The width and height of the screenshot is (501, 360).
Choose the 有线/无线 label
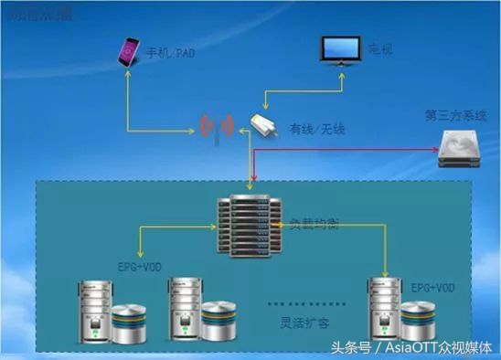tap(314, 130)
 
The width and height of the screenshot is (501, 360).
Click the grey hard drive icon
tap(458, 149)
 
